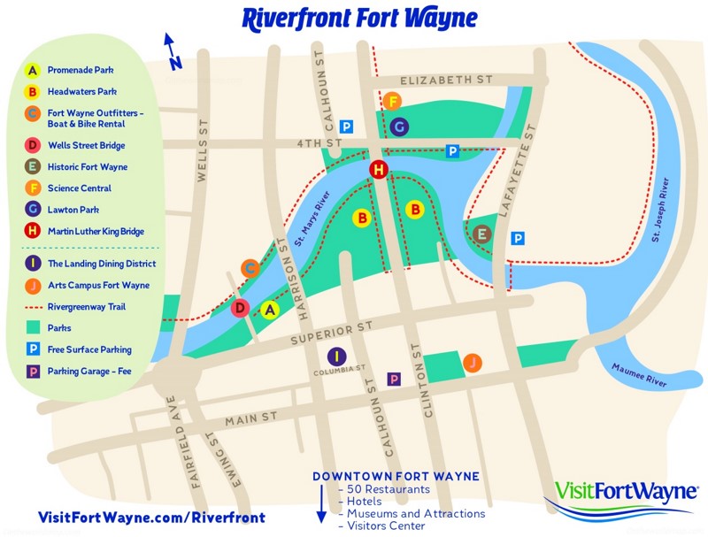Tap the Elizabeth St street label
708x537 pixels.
point(446,81)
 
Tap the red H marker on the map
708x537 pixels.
point(379,170)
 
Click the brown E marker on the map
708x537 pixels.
point(482,234)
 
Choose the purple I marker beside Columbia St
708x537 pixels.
point(335,357)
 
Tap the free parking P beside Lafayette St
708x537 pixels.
point(519,238)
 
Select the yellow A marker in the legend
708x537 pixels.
point(32,70)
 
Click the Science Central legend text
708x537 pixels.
point(80,188)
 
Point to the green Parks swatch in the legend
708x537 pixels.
point(32,328)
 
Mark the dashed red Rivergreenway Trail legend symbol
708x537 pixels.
point(32,307)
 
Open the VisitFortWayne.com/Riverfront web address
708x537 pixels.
point(151,517)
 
